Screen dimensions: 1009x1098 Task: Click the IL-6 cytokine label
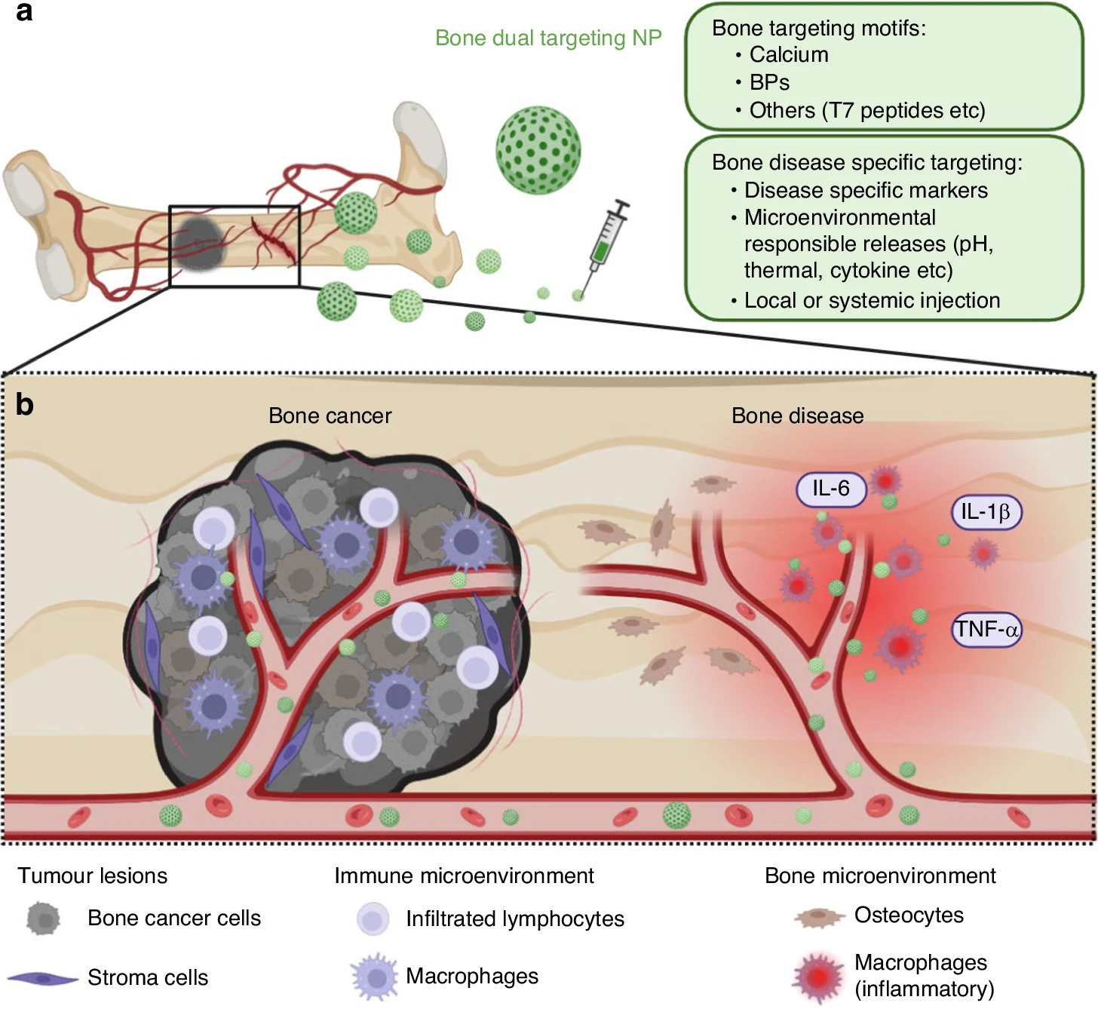point(830,489)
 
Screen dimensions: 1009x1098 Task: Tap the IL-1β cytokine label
point(986,513)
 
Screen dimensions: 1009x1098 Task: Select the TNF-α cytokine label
point(987,629)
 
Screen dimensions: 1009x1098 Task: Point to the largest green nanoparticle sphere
point(538,149)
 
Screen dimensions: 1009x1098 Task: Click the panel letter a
point(24,13)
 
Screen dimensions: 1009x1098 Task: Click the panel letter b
point(24,405)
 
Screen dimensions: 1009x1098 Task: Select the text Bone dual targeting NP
point(548,38)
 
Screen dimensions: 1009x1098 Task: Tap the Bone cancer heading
point(330,416)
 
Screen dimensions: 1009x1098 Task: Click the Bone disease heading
point(797,416)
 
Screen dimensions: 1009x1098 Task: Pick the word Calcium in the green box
point(788,55)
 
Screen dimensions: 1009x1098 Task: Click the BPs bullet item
point(768,82)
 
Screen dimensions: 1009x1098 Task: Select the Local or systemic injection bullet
point(871,301)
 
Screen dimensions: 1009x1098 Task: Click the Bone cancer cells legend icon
point(43,919)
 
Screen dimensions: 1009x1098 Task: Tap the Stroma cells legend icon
point(42,978)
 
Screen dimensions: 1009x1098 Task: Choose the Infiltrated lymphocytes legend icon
point(373,919)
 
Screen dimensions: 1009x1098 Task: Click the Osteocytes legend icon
point(818,917)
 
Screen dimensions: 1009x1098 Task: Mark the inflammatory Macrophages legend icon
point(818,977)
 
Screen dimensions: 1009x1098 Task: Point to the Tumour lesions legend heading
point(92,876)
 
